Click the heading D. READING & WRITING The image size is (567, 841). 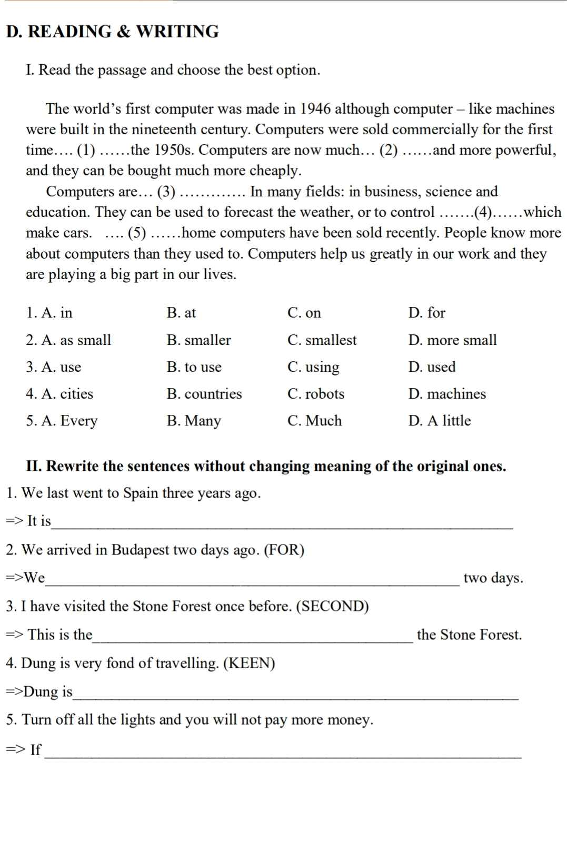pyautogui.click(x=112, y=32)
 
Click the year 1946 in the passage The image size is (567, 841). pyautogui.click(x=315, y=109)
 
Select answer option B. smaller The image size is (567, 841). pyautogui.click(x=198, y=340)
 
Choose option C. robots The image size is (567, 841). pyautogui.click(x=316, y=394)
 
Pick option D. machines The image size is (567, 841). pyautogui.click(x=447, y=394)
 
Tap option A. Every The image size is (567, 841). pyautogui.click(x=62, y=421)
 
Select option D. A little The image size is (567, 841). pyautogui.click(x=440, y=421)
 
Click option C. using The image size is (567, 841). pyautogui.click(x=313, y=367)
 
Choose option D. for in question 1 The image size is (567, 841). pyautogui.click(x=427, y=313)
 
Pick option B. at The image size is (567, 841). pyautogui.click(x=181, y=313)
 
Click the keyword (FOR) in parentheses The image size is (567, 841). pyautogui.click(x=284, y=550)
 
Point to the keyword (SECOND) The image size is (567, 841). pyautogui.click(x=333, y=607)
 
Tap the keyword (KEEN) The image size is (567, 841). pyautogui.click(x=250, y=663)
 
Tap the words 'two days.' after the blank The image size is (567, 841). pyautogui.click(x=493, y=578)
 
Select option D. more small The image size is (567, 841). pyautogui.click(x=452, y=340)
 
